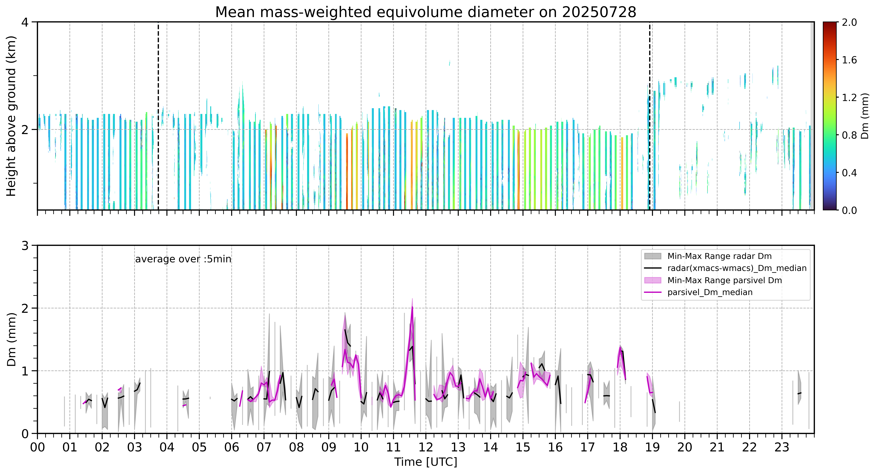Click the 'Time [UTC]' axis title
tap(426, 462)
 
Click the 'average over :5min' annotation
tap(183, 259)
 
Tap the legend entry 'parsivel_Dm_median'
tap(710, 292)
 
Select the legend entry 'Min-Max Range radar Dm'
tap(719, 256)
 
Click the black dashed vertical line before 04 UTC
tap(158, 116)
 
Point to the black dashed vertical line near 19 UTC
tap(650, 116)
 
